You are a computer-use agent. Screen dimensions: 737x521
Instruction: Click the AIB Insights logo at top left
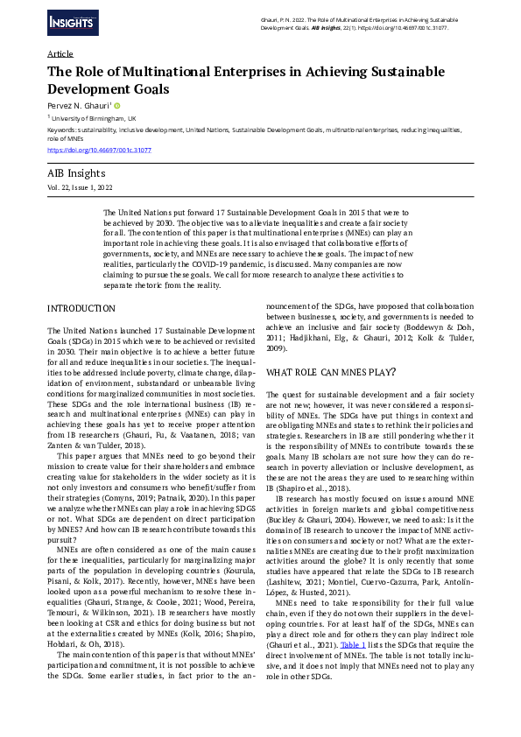(71, 21)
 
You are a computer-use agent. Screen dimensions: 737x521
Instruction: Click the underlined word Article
(60, 54)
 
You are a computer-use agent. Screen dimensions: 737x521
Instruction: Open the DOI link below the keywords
(99, 151)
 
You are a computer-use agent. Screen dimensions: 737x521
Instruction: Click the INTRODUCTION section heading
(81, 309)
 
